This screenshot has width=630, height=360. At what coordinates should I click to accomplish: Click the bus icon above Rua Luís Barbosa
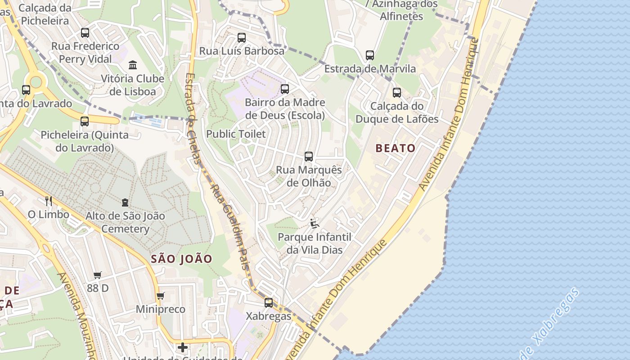(242, 38)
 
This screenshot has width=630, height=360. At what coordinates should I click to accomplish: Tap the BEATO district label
(396, 148)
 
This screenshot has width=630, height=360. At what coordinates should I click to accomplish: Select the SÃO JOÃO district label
(181, 259)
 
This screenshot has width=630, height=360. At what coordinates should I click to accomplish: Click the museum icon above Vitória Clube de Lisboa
(133, 65)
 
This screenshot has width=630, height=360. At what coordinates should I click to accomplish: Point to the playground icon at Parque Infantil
(315, 224)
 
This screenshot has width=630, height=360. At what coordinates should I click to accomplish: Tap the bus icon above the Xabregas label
(269, 303)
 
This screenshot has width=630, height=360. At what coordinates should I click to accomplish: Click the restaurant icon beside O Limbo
(49, 201)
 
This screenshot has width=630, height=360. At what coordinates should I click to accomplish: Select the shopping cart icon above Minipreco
(161, 296)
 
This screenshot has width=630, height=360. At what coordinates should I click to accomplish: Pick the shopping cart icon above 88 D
(98, 275)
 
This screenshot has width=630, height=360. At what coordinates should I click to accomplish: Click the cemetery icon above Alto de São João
(125, 203)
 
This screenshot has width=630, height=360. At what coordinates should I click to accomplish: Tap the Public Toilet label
(236, 134)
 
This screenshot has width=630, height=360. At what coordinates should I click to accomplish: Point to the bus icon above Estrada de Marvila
(370, 55)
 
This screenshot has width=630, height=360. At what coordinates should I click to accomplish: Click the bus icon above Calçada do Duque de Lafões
(397, 93)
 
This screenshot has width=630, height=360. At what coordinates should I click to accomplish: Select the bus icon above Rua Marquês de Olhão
(309, 157)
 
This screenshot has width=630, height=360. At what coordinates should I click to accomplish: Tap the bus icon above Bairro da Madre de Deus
(285, 89)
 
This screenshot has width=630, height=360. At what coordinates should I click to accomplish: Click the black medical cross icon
(183, 347)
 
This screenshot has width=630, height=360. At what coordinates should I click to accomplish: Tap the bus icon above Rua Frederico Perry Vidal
(85, 33)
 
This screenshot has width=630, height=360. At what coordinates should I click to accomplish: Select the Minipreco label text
(161, 310)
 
